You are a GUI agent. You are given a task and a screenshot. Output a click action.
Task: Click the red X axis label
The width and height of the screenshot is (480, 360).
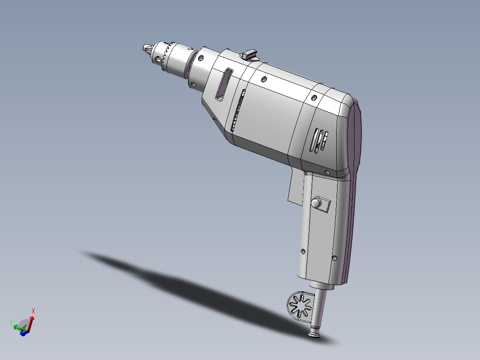point(33,311)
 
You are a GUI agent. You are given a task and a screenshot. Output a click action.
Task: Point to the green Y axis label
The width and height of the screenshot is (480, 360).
point(10,322)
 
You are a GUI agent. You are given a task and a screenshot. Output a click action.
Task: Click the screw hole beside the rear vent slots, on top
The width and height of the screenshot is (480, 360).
point(314,98)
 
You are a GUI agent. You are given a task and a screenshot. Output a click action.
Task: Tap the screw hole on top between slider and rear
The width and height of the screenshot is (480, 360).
point(264,79)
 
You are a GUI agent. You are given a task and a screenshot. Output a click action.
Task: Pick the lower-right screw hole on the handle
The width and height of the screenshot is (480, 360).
point(335,258)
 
